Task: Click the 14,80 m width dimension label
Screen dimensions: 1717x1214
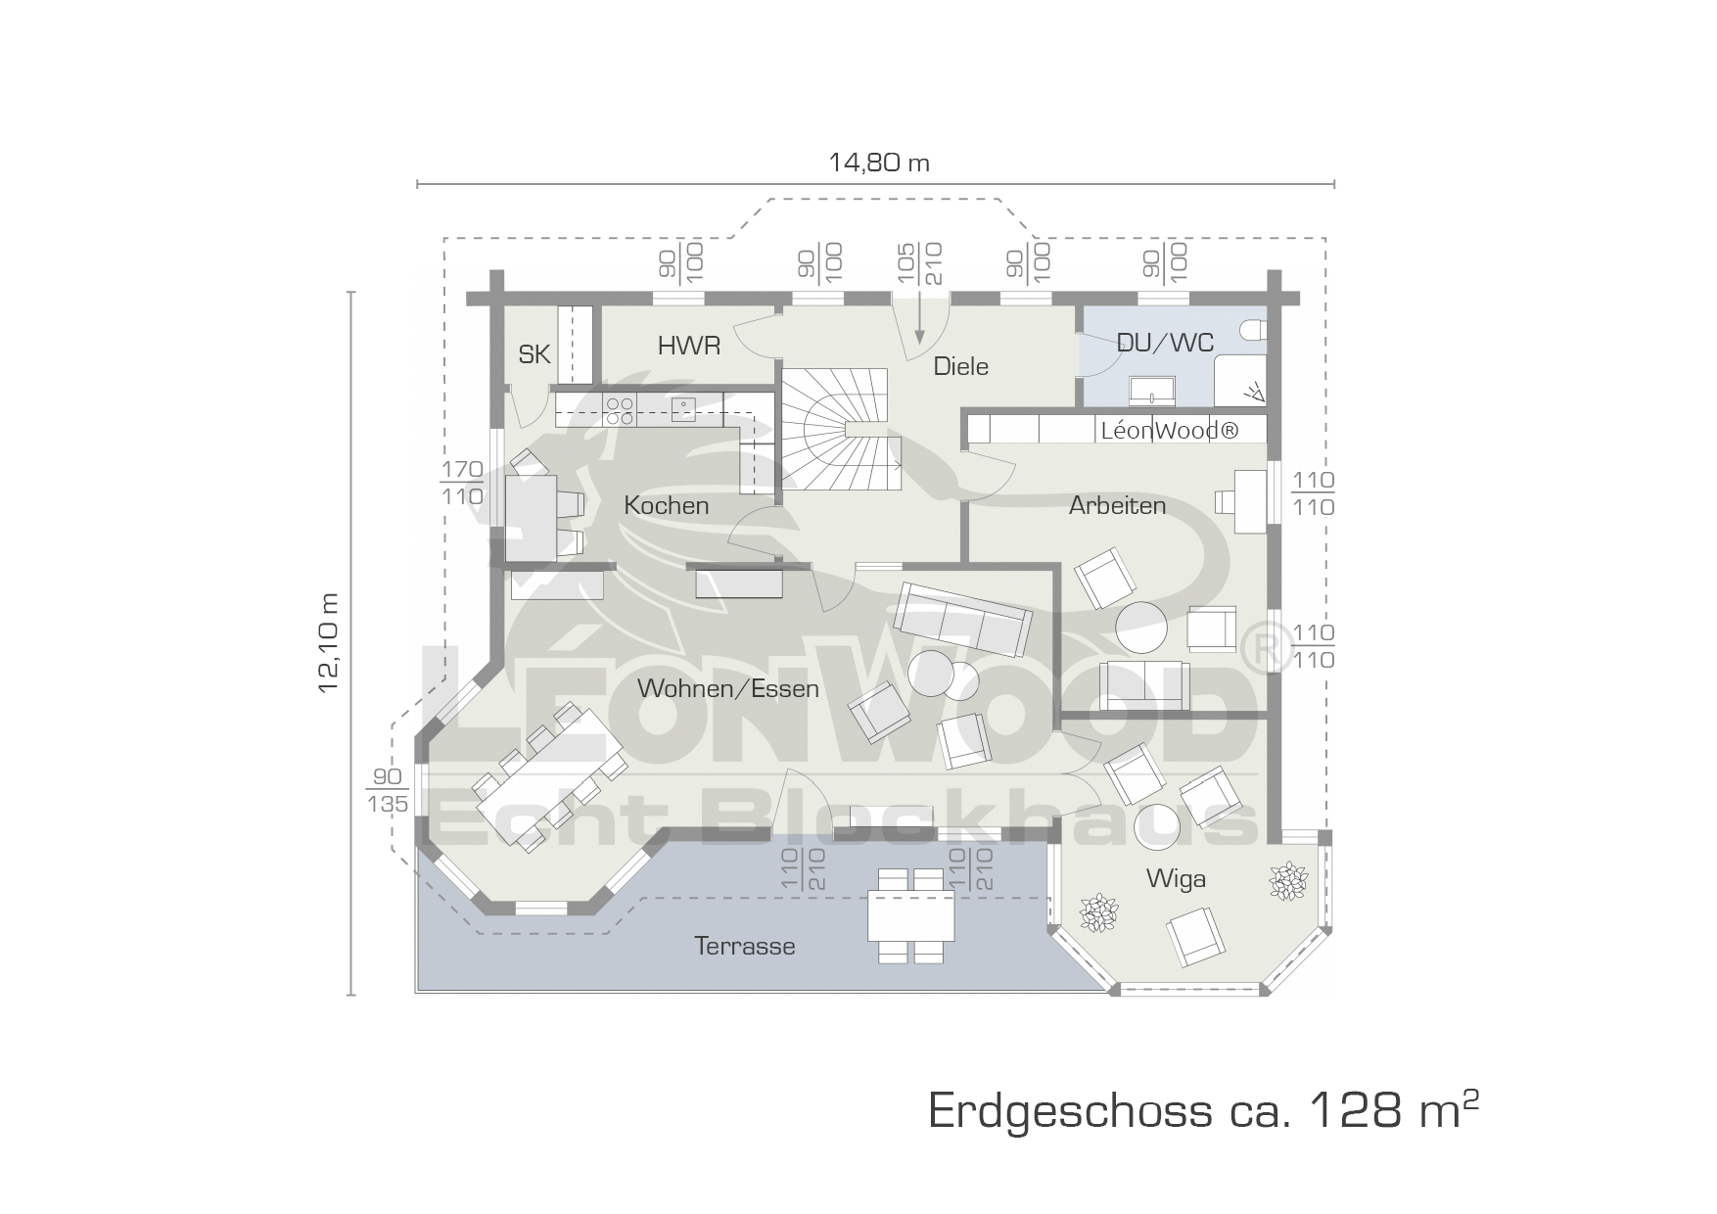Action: click(878, 163)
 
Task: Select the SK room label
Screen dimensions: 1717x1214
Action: click(534, 354)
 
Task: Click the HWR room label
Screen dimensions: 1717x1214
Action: click(689, 346)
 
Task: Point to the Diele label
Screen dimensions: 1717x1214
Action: click(960, 366)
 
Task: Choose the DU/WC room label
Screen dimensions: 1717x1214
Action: click(1165, 343)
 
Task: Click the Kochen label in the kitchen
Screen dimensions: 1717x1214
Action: click(666, 505)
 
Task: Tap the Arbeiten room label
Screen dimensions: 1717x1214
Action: click(1117, 505)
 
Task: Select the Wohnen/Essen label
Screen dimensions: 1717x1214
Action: click(727, 688)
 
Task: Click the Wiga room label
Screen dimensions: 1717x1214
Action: click(1176, 879)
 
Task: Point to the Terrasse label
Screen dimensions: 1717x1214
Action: click(745, 947)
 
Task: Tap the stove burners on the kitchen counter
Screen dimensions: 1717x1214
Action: click(619, 410)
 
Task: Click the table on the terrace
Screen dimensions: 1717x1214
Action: click(910, 915)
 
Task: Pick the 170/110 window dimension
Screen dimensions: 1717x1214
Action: click(462, 484)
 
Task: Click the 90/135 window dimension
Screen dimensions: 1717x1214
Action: click(387, 791)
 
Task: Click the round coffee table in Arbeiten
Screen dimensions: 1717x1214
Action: click(1142, 627)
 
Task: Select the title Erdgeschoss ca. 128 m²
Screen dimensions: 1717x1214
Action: click(1203, 1110)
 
